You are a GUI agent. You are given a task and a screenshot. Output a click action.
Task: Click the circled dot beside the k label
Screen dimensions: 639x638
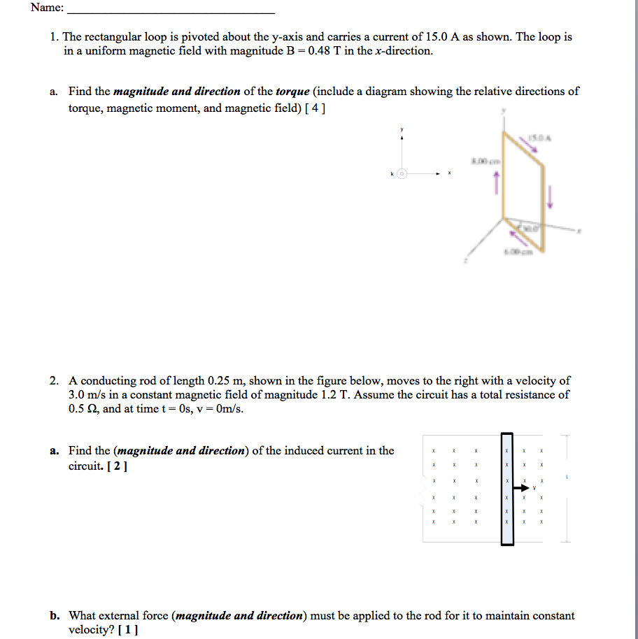[x=402, y=173]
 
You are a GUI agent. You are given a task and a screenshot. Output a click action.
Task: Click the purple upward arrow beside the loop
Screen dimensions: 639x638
[x=497, y=183]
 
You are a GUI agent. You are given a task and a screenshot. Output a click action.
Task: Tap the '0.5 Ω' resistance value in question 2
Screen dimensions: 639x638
[x=83, y=409]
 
